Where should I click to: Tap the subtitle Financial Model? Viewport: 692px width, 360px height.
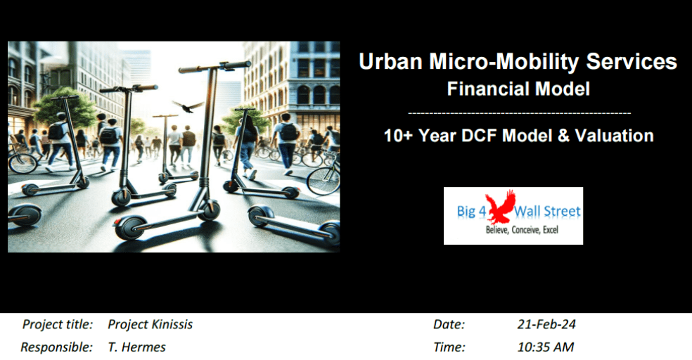coord(518,89)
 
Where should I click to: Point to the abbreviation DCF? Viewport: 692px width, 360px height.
coord(495,135)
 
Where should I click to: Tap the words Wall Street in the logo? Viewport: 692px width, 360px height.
coord(549,212)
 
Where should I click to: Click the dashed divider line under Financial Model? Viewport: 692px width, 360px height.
coord(518,112)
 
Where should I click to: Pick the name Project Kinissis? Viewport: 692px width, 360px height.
coord(150,324)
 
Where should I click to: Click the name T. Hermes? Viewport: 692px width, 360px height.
coord(136,347)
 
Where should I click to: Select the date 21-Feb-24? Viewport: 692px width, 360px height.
coord(546,324)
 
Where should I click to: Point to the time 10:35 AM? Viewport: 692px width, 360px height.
coord(545,347)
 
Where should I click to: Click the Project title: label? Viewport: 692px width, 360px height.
coord(58,324)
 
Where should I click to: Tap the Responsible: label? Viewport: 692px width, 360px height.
coord(56,347)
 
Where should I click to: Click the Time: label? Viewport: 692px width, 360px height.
coord(449,347)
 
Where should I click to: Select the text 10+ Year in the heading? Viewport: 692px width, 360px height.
coord(417,135)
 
